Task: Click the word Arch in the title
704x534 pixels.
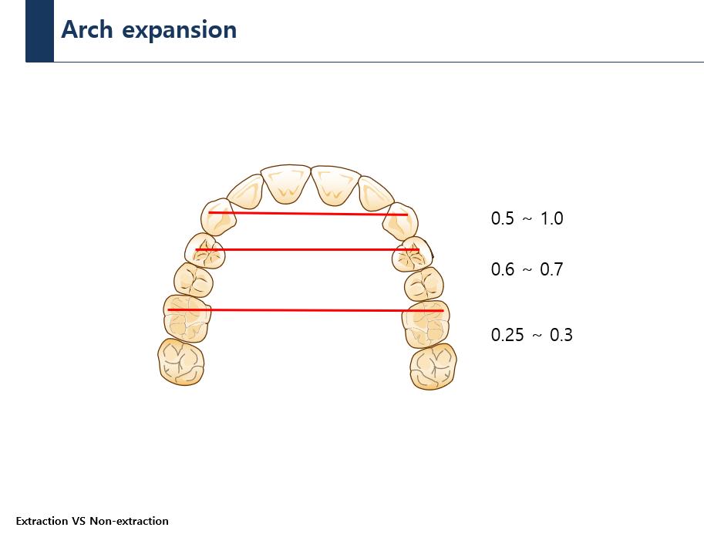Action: click(87, 29)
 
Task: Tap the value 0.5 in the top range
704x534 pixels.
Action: click(503, 218)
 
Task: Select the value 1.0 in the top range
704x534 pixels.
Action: click(552, 218)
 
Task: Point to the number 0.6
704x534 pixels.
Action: click(503, 269)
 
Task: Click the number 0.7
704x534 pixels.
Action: click(551, 269)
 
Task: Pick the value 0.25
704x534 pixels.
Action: click(507, 335)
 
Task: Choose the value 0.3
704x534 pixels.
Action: click(561, 335)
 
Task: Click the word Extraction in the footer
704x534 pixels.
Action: click(42, 521)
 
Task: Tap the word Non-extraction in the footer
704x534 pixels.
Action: click(130, 521)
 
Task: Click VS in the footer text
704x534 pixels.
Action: click(79, 521)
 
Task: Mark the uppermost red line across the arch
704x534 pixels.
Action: click(308, 214)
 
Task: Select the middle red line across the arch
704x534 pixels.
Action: click(307, 249)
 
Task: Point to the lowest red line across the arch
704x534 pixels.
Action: click(305, 310)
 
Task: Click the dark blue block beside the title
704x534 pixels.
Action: click(39, 31)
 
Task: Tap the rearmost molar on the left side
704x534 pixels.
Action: click(181, 362)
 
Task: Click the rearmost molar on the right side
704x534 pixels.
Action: click(433, 367)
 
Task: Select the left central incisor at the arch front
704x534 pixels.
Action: click(286, 184)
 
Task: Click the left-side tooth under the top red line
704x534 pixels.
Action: click(219, 217)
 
